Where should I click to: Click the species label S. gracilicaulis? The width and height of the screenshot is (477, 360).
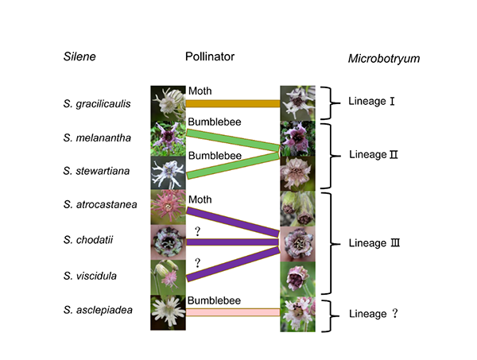[x=98, y=104]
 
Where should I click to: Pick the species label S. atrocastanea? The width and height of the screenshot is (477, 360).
[x=99, y=205]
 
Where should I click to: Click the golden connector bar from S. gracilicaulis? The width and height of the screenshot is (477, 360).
[x=233, y=104]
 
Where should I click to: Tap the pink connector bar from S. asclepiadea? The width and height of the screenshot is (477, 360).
[x=233, y=312]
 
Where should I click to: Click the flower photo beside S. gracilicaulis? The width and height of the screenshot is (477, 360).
[x=167, y=103]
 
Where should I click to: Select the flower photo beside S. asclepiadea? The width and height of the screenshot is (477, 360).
[x=167, y=311]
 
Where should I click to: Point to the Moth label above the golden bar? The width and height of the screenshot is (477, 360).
[x=200, y=91]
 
